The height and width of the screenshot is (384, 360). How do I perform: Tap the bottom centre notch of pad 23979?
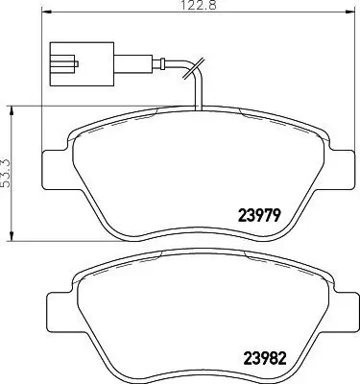click(197, 236)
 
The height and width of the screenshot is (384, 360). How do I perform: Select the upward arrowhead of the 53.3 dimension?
click(10, 108)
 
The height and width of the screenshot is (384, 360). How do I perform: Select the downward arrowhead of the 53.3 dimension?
click(10, 238)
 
